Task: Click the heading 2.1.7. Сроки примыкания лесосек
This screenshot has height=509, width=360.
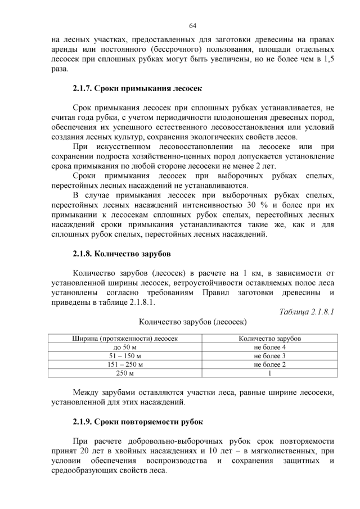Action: pyautogui.click(x=137, y=88)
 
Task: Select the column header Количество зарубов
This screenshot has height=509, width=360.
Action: pyautogui.click(x=269, y=339)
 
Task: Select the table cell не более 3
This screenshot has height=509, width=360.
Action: pyautogui.click(x=269, y=356)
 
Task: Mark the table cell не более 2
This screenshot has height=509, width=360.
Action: pyautogui.click(x=269, y=364)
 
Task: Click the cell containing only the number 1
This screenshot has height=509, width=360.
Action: pyautogui.click(x=269, y=373)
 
